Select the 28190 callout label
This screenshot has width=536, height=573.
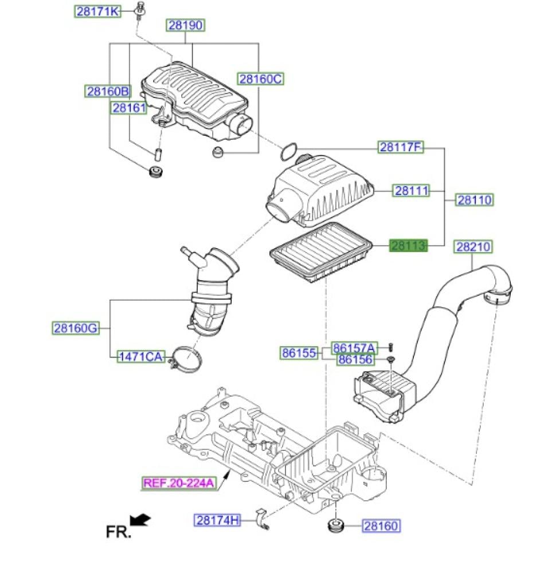[x=186, y=25]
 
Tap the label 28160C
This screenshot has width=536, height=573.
[x=261, y=79]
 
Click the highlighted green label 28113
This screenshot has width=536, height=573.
[x=409, y=246]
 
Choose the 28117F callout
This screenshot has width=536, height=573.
[x=400, y=148]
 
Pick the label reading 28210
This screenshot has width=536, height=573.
[x=474, y=246]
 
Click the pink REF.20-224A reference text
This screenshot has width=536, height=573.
[x=178, y=483]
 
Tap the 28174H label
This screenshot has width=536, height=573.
[x=217, y=520]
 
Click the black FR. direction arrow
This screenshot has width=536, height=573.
[x=140, y=520]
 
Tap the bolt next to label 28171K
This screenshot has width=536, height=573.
[x=139, y=10]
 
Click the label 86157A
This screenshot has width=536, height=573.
[x=354, y=348]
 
